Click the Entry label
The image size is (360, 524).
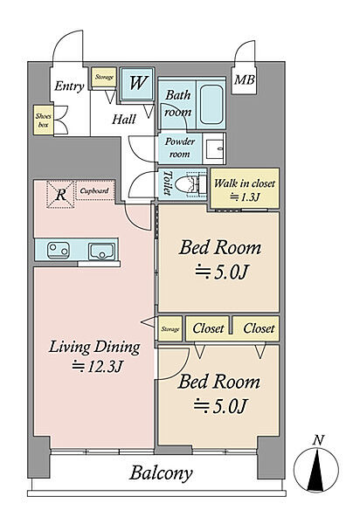pos(69,86)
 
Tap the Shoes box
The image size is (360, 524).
pos(44,121)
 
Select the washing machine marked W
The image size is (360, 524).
pos(137,84)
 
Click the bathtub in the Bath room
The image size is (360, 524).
pos(211,104)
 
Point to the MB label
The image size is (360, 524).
pos(245,79)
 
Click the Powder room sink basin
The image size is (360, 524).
pos(214,148)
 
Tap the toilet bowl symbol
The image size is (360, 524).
pos(188,184)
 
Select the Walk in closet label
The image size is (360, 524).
pos(245,183)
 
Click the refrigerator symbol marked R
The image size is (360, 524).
pos(60,194)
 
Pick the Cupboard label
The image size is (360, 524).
pos(94,190)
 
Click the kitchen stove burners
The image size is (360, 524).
pos(59,250)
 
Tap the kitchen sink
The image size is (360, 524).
pos(101,251)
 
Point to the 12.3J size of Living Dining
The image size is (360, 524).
pos(98,367)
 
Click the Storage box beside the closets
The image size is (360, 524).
pos(170,328)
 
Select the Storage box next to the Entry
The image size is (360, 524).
pos(104,77)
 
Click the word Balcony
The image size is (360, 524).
pos(161,473)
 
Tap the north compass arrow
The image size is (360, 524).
pos(315,471)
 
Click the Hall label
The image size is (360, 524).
pos(124,120)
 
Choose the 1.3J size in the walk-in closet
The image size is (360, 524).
pos(245,197)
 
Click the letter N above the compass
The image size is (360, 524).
pos(319,440)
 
